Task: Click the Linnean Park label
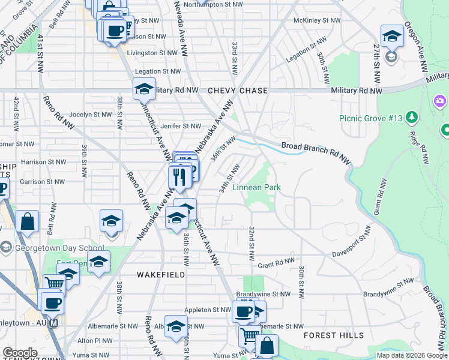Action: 256,187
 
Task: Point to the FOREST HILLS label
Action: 333,335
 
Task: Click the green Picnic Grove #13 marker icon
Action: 412,116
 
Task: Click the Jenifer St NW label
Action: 181,126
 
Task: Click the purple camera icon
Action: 440,101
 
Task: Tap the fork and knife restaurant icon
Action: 179,176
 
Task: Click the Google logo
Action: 20,352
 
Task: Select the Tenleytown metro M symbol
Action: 53,323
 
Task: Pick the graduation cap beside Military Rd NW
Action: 144,89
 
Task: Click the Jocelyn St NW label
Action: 91,114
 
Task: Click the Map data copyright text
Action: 411,355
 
